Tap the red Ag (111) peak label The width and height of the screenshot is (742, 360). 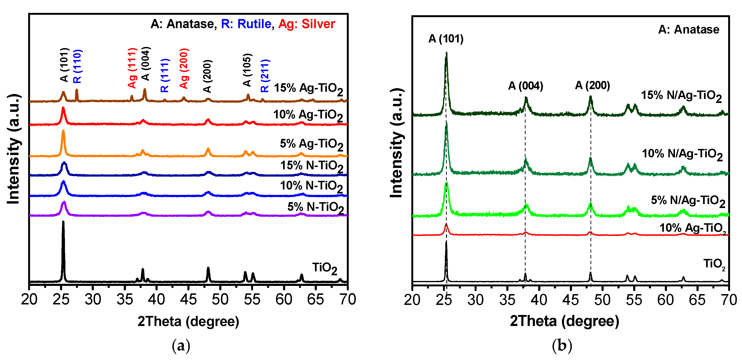pos(132,68)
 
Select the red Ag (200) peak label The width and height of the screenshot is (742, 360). pos(184,68)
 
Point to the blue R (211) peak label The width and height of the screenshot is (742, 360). pos(265,76)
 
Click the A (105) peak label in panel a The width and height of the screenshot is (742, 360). pos(247,70)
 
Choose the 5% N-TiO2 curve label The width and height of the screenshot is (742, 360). pos(315,208)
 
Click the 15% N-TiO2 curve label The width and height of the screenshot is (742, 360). pos(312,167)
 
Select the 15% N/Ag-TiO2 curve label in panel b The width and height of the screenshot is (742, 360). pos(681,96)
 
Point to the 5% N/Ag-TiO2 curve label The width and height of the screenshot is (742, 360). pos(688,201)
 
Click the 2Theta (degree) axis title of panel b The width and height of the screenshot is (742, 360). pos(564,321)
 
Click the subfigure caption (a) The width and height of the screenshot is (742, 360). pos(181,345)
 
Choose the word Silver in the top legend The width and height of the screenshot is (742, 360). pos(318,24)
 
